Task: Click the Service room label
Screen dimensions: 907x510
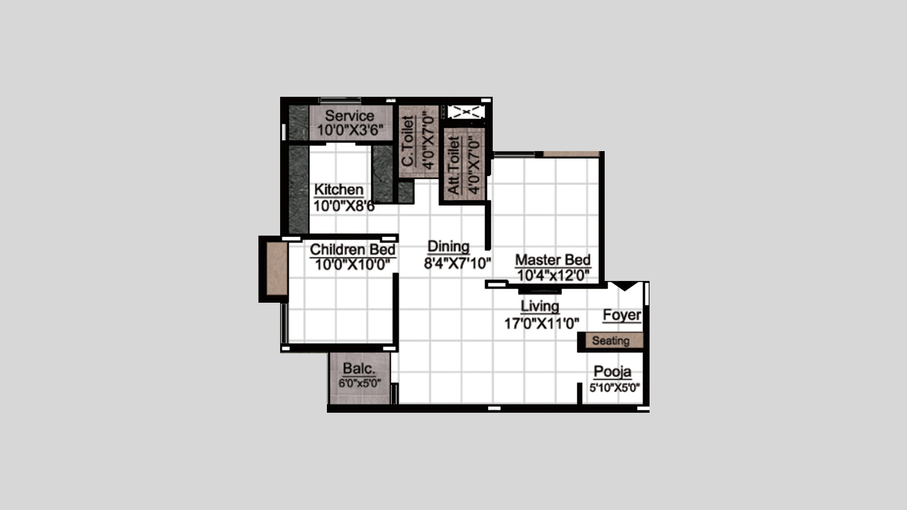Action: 350,116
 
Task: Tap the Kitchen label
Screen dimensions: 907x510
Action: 339,189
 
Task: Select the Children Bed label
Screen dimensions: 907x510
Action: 352,249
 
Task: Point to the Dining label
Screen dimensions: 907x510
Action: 448,246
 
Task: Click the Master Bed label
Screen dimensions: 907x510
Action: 553,260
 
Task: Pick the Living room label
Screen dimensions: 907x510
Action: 540,306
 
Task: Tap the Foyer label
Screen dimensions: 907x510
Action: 622,315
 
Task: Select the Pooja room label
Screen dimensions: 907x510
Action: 612,372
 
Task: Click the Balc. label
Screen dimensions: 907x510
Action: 359,368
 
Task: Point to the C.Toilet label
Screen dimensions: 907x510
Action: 408,141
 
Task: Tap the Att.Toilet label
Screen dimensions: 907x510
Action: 453,165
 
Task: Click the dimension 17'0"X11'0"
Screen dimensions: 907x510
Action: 542,323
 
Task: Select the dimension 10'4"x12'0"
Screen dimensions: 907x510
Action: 553,275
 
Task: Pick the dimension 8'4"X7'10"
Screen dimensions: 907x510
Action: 457,263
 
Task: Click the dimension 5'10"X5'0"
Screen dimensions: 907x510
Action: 615,388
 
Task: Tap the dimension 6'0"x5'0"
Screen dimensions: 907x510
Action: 359,383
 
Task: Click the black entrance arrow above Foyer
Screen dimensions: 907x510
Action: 625,286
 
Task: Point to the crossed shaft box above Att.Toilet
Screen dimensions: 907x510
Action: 466,112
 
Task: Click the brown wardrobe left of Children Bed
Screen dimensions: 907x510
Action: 277,268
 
